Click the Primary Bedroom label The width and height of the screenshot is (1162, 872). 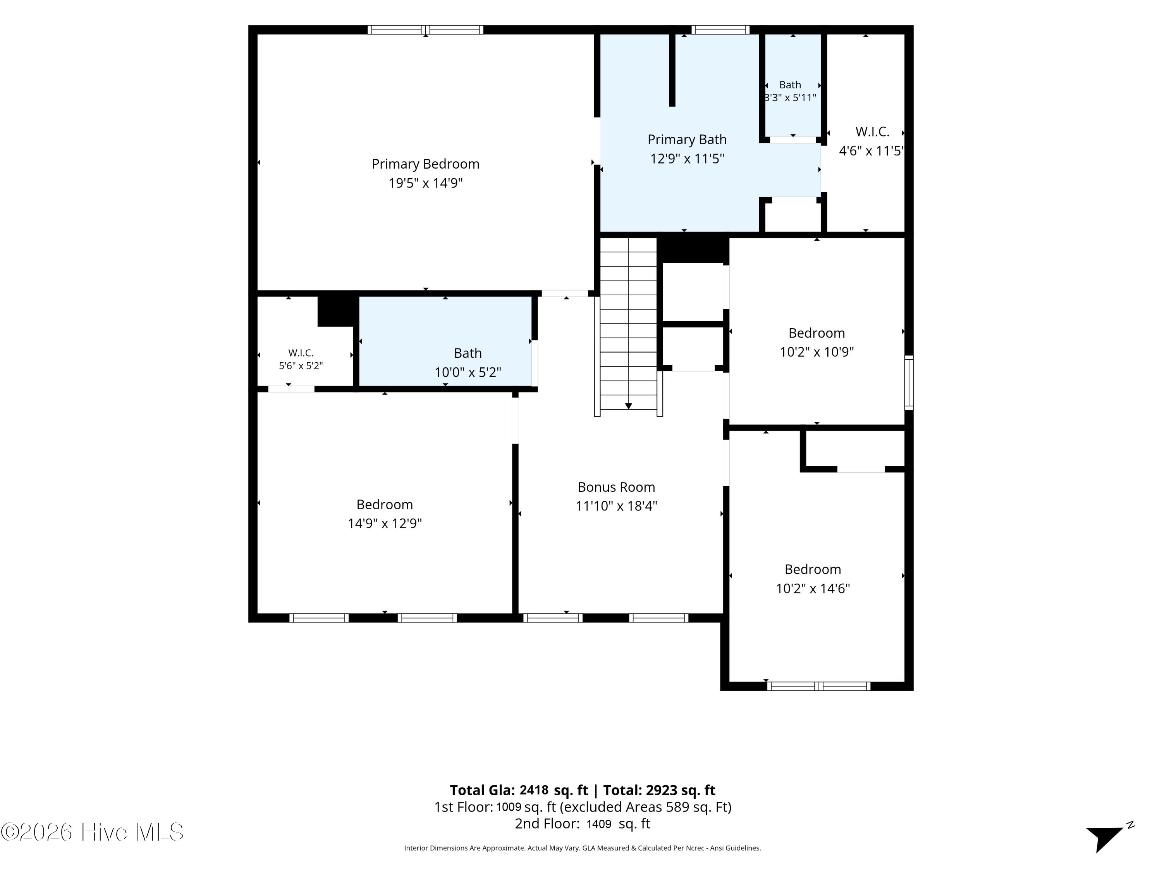coord(426,164)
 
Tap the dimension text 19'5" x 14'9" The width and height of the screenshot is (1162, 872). coord(426,183)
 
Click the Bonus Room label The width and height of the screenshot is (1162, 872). coord(616,487)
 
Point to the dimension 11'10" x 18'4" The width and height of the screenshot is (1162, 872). coord(616,506)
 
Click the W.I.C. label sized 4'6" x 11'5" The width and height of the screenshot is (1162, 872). coord(872,131)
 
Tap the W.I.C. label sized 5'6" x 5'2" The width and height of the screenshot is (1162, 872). coord(301,353)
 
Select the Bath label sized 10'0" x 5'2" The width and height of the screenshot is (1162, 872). coord(468,353)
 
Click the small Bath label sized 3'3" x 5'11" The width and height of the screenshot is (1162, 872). coord(790,84)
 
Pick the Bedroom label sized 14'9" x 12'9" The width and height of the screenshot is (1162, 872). coord(385,505)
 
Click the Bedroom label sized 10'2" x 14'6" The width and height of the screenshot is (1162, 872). coord(813,569)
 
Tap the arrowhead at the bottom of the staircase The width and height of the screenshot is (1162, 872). coord(628,406)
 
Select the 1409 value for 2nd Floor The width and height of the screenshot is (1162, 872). coord(599,824)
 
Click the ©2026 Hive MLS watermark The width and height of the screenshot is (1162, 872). coord(93,832)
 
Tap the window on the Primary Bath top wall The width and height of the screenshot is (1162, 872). coord(720,30)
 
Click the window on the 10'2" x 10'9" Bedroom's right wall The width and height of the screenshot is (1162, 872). coord(909,383)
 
